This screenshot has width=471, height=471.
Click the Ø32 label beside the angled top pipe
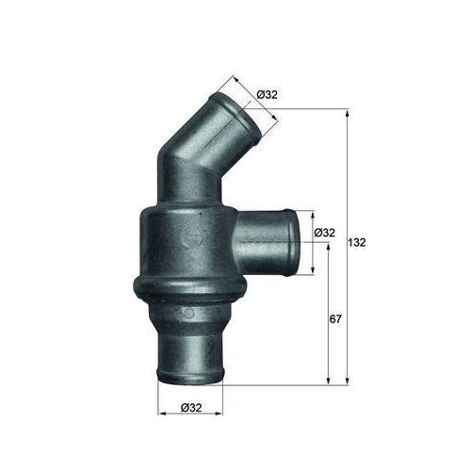[x=267, y=93]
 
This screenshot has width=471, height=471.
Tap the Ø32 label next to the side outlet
[x=324, y=233]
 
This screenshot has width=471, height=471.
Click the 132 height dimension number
[x=357, y=242]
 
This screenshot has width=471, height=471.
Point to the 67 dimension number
[x=335, y=320]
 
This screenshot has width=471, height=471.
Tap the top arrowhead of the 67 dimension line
[x=327, y=247]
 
